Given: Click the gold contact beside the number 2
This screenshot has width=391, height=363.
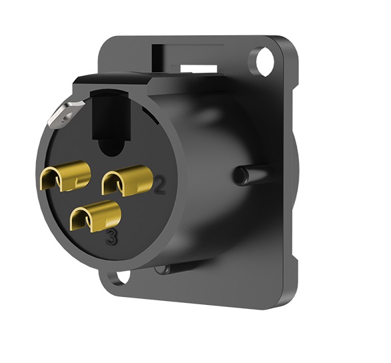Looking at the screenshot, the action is pyautogui.click(x=127, y=181).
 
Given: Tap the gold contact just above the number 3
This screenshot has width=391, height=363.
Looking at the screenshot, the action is pyautogui.click(x=96, y=216).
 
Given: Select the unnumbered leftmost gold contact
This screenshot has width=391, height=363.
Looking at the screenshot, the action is pyautogui.click(x=65, y=175).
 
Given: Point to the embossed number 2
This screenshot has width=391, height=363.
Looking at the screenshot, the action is pyautogui.click(x=159, y=185).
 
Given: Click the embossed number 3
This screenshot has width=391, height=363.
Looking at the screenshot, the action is pyautogui.click(x=111, y=237).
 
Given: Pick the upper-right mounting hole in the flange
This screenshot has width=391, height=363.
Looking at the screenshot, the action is pyautogui.click(x=265, y=61).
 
